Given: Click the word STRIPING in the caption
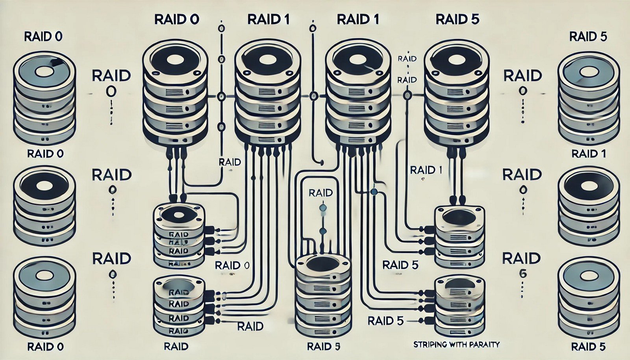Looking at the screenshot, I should pyautogui.click(x=430, y=345).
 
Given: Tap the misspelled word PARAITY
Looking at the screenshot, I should pyautogui.click(x=485, y=345).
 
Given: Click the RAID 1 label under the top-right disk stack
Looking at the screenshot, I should pyautogui.click(x=588, y=154).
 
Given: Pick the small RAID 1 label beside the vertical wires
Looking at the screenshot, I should pyautogui.click(x=426, y=170).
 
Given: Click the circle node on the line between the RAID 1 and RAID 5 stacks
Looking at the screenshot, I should pyautogui.click(x=408, y=95).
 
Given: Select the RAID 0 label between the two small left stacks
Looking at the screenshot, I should pyautogui.click(x=232, y=265).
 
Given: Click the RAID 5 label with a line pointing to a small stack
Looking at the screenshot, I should pyautogui.click(x=385, y=321).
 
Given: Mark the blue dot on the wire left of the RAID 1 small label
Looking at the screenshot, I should pyautogui.click(x=374, y=192).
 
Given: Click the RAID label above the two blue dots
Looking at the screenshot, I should pyautogui.click(x=321, y=193).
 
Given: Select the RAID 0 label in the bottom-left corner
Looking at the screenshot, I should pyautogui.click(x=45, y=347).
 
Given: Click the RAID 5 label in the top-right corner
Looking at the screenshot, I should pyautogui.click(x=588, y=37).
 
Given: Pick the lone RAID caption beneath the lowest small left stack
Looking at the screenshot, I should pyautogui.click(x=176, y=347).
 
